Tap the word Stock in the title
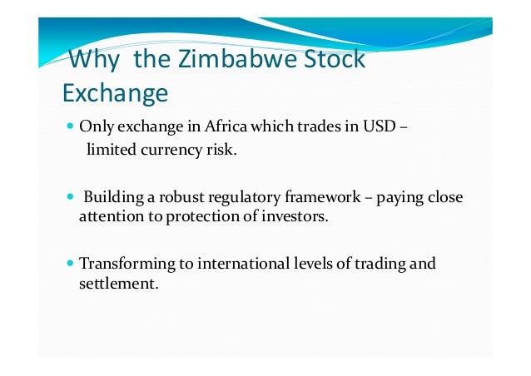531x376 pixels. [x=334, y=61]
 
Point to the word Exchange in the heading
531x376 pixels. [x=115, y=93]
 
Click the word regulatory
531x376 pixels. [x=235, y=198]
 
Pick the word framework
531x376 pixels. [x=316, y=198]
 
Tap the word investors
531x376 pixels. [x=298, y=217]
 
